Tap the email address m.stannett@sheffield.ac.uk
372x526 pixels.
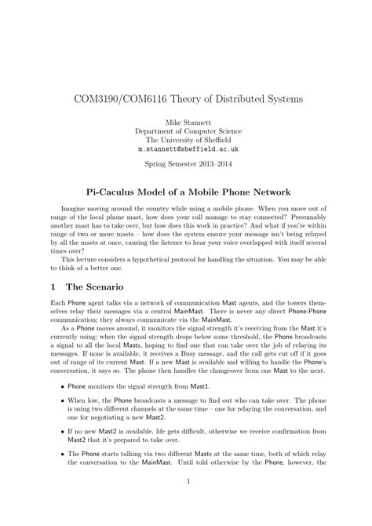point(185,148)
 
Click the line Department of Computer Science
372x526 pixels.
point(185,131)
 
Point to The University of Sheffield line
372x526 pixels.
point(185,140)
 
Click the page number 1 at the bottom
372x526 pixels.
point(186,493)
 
